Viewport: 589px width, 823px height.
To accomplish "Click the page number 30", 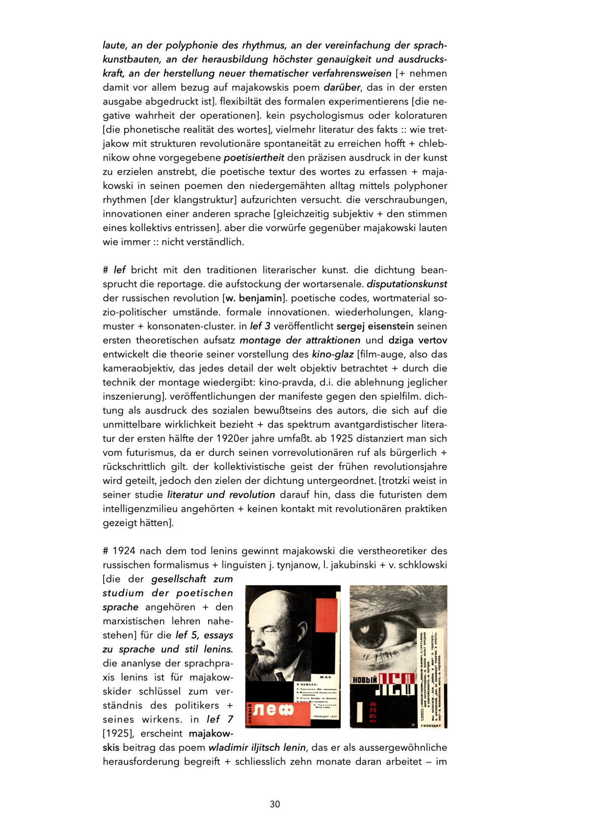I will (275, 804).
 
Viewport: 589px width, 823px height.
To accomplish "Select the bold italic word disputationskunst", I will (407, 284).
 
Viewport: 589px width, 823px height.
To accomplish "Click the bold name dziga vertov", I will (418, 341).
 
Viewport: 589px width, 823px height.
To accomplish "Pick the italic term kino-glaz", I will (332, 354).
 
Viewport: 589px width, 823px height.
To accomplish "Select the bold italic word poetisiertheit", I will (254, 158).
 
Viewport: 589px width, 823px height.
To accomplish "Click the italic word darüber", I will (342, 88).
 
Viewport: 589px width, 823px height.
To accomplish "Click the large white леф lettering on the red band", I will (274, 710).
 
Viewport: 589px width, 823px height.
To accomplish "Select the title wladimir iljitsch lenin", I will (257, 748).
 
